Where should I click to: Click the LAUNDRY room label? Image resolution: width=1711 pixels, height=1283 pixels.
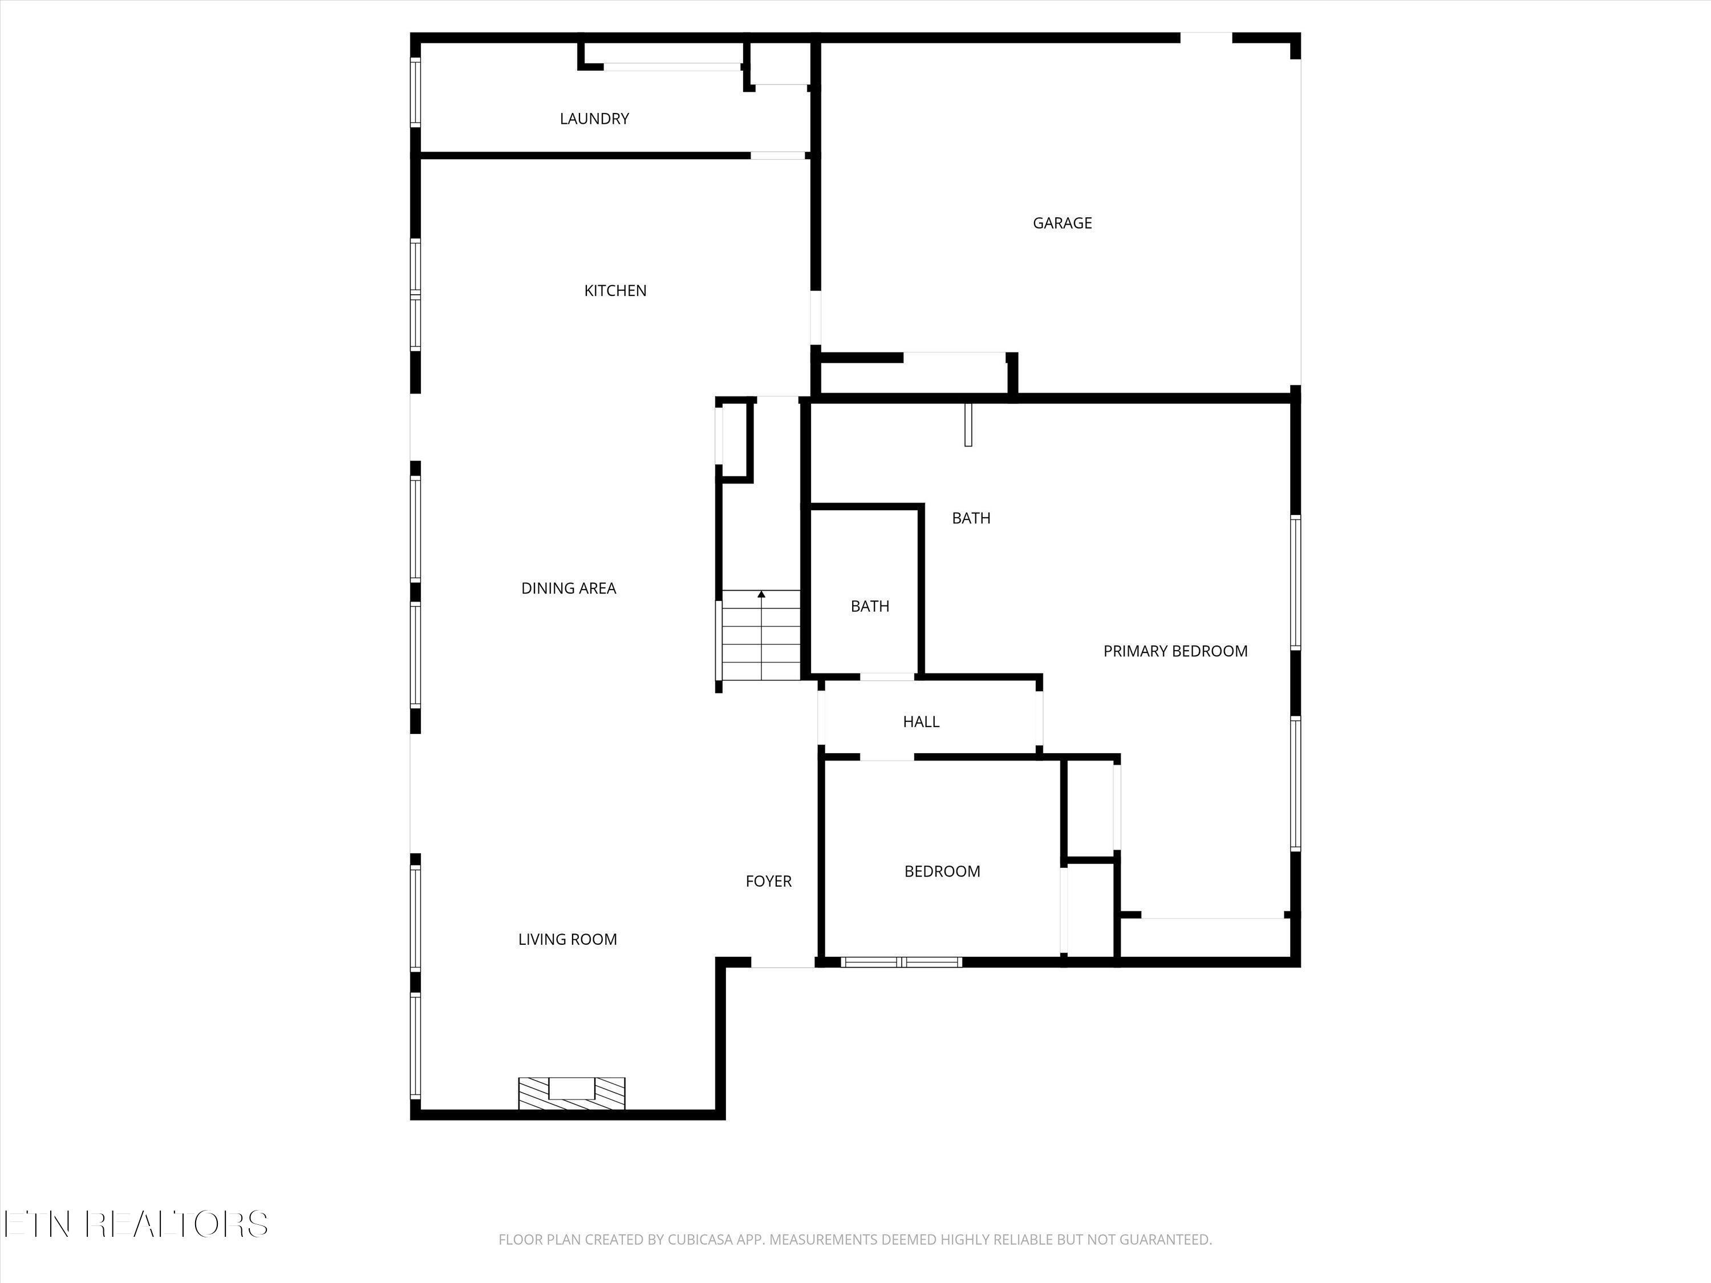pos(594,119)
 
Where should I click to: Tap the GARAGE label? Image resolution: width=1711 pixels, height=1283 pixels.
pos(1062,224)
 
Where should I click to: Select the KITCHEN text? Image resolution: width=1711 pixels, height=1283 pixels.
pos(615,291)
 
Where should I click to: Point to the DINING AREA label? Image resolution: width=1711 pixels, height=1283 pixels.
pos(569,588)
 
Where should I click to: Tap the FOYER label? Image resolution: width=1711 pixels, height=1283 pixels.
pos(768,882)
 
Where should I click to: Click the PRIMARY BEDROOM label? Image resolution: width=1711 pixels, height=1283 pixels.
pos(1175,652)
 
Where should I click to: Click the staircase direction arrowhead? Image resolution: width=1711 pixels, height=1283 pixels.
pos(761,595)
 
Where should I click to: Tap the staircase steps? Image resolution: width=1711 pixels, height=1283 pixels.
pos(761,638)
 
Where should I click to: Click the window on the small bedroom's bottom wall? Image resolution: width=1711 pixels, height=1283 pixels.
pos(901,962)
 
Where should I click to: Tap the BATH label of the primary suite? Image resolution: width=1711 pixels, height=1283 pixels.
pos(971,519)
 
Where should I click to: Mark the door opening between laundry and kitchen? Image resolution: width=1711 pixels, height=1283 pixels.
pos(777,156)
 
